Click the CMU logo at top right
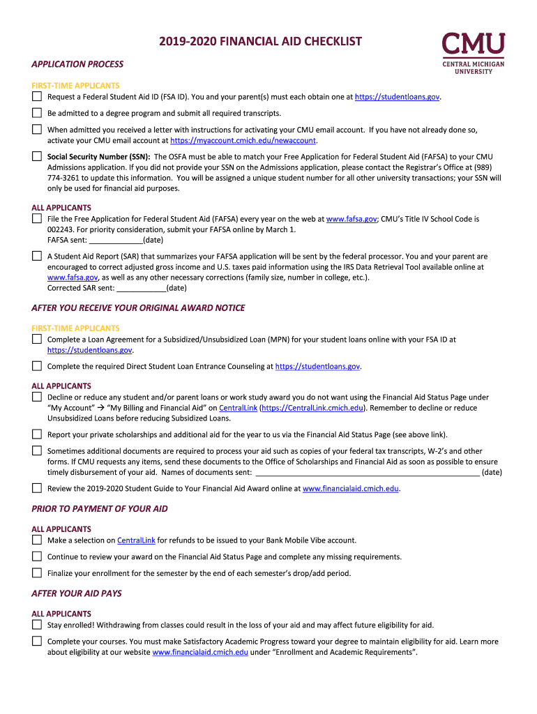[473, 52]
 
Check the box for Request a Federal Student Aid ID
[37, 96]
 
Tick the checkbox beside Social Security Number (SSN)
[37, 156]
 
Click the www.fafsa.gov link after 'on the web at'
[351, 219]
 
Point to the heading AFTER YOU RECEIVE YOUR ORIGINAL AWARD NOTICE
[138, 308]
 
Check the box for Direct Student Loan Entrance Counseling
[37, 365]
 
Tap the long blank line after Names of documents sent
[368, 473]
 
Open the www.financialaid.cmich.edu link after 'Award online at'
[350, 489]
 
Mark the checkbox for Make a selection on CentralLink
[37, 540]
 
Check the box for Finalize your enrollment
[37, 573]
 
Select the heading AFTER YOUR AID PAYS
[77, 593]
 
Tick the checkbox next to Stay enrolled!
[37, 625]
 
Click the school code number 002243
[61, 229]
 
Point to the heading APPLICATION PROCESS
[77, 64]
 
